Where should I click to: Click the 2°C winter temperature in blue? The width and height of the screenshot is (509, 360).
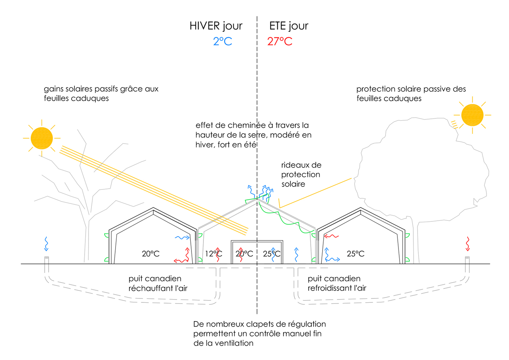(x=222, y=41)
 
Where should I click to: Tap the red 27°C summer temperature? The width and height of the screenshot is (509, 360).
(x=280, y=41)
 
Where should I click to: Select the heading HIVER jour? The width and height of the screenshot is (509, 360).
(x=216, y=26)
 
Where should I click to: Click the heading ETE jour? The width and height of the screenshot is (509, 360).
(x=289, y=26)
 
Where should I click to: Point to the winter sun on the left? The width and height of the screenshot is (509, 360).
(x=42, y=138)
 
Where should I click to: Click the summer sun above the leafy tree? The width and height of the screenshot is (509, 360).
(x=472, y=115)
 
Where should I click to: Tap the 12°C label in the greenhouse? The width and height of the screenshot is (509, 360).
(x=213, y=254)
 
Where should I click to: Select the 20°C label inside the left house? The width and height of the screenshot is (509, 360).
(x=150, y=254)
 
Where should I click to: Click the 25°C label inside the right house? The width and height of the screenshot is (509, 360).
(x=356, y=254)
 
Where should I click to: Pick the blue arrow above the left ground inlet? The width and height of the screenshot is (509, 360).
(x=46, y=244)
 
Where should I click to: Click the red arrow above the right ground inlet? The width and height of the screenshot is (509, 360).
(x=468, y=244)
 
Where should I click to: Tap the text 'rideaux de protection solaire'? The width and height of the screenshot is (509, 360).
(x=301, y=175)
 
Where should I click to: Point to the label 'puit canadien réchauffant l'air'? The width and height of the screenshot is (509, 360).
(x=158, y=283)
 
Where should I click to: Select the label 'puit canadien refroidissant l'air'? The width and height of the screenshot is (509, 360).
(x=337, y=283)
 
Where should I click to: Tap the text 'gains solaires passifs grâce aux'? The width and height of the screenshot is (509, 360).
(x=101, y=89)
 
